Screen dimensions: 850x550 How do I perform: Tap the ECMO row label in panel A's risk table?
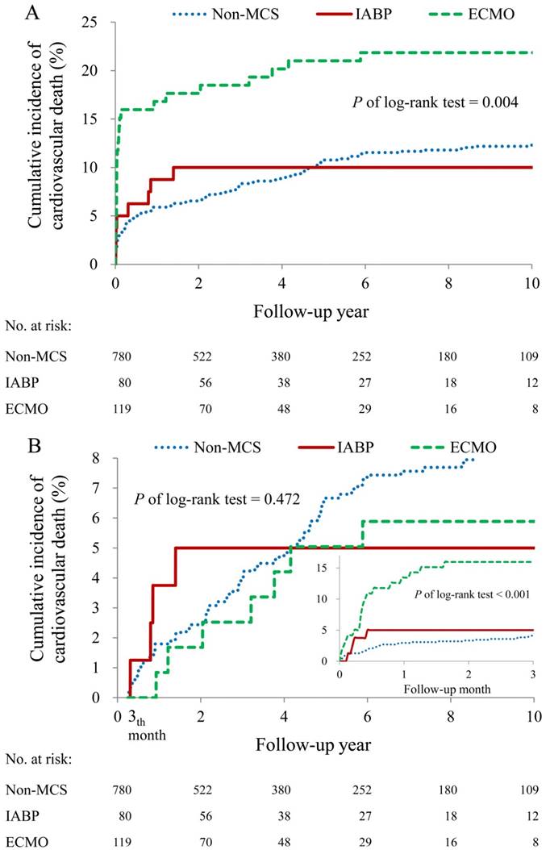coord(26,409)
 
